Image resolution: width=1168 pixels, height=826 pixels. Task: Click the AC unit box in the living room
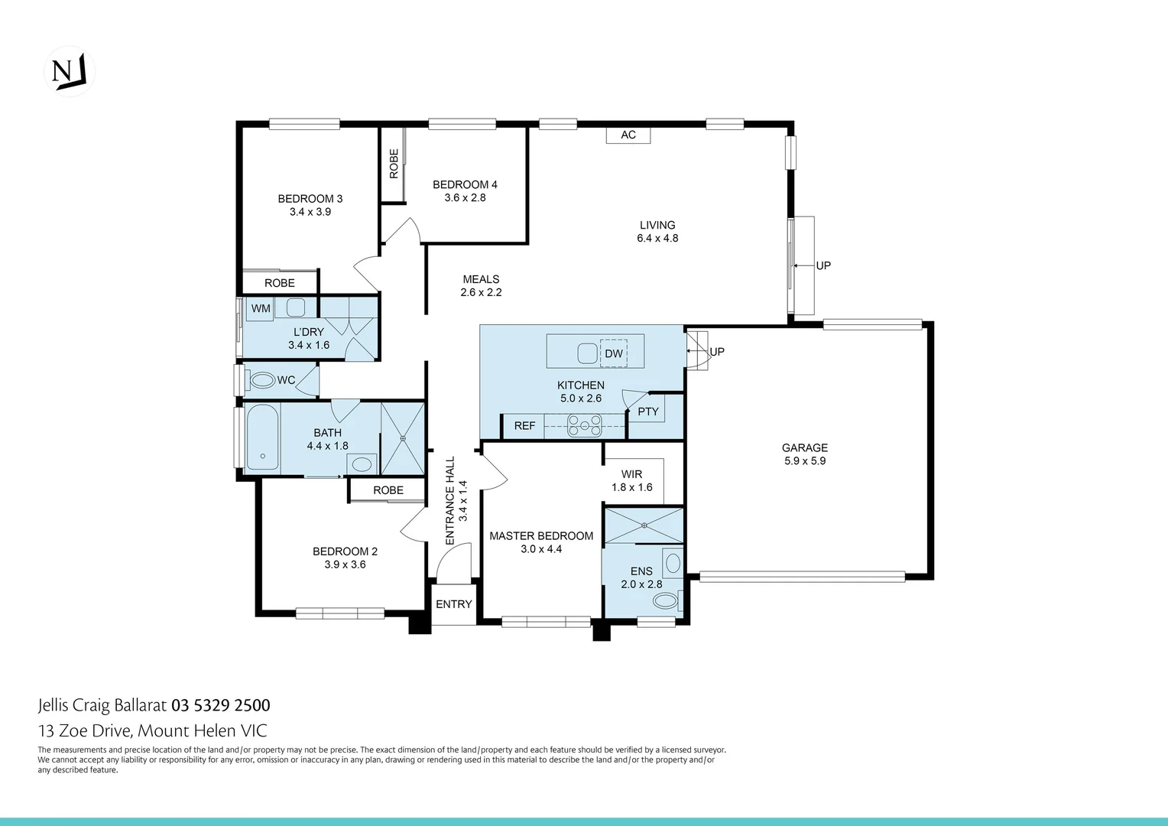[628, 135]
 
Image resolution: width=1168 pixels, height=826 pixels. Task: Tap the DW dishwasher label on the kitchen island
[613, 353]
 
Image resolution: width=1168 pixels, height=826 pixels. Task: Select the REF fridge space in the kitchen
[524, 426]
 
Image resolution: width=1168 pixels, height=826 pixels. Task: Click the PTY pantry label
[648, 411]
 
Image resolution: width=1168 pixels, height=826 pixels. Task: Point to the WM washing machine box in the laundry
[261, 308]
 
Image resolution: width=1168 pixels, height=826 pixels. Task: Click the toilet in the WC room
[262, 380]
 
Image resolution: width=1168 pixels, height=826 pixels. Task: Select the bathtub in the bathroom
[263, 437]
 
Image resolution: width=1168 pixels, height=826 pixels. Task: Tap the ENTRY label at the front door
[454, 604]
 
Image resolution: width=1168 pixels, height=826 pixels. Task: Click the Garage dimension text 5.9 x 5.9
[805, 461]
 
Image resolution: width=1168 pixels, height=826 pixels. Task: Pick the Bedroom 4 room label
[465, 184]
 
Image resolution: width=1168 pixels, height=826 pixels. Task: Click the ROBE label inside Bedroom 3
[280, 283]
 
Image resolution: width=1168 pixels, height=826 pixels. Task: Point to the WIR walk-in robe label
[631, 474]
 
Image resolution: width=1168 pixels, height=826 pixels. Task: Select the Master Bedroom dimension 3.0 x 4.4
[541, 549]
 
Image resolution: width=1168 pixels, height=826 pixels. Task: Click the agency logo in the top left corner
[70, 71]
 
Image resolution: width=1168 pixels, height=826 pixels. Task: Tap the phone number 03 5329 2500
[221, 705]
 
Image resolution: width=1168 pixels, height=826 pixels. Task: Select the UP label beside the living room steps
[823, 265]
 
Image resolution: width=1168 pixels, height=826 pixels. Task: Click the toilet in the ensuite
[665, 601]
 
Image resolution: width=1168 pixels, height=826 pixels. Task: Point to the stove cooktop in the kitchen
[584, 424]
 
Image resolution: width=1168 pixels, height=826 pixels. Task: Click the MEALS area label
[481, 279]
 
